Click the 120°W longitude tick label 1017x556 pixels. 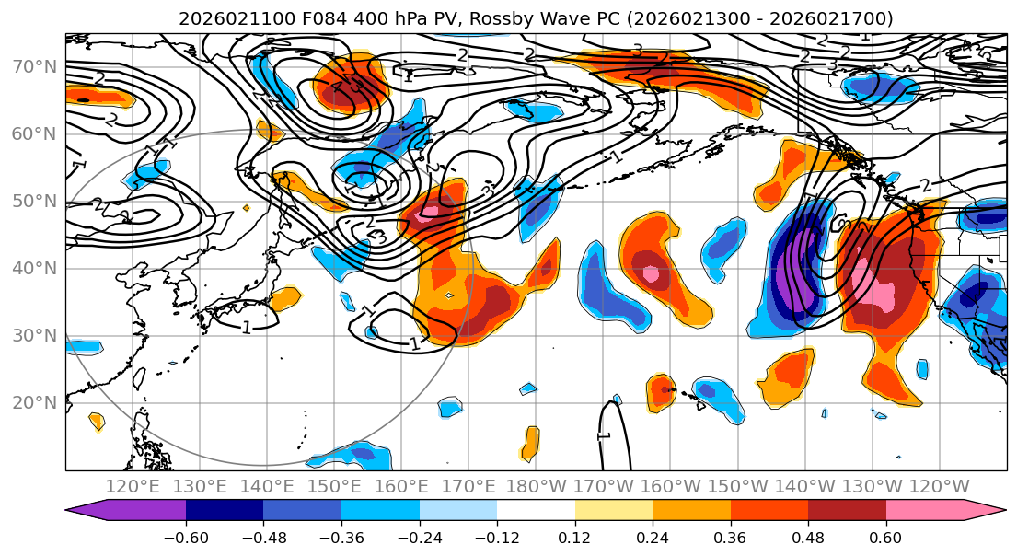point(939,486)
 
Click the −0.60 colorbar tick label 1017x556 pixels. point(186,537)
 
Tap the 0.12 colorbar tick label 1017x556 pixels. point(575,537)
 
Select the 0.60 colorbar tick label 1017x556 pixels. point(886,537)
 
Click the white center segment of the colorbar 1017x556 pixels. point(536,512)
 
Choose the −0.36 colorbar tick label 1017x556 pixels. point(341,537)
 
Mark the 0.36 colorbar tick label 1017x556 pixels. point(731,537)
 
